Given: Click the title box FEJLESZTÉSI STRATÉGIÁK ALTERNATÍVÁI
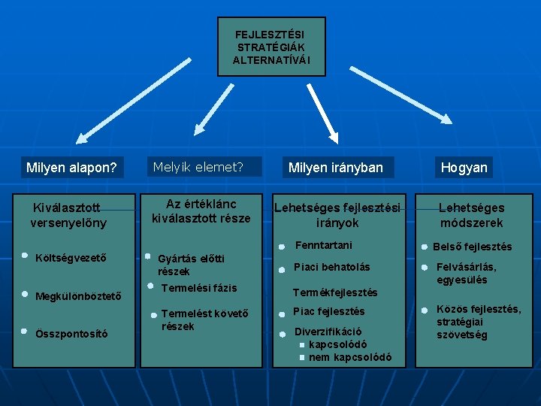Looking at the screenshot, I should click(271, 47).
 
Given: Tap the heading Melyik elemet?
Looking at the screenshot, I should click(198, 167).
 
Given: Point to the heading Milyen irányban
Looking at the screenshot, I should click(336, 168).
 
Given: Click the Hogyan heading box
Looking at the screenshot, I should click(464, 168).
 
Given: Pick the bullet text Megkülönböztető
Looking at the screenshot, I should click(78, 295).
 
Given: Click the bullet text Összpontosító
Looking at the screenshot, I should click(71, 333).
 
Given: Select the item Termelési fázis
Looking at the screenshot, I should click(199, 288).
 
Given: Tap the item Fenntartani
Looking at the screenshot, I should click(323, 245).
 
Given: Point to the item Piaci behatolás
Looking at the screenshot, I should click(331, 267).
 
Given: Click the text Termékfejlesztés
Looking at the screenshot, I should click(334, 292).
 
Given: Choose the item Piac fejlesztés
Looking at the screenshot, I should click(328, 311).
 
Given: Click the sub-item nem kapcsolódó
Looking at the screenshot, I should click(349, 357).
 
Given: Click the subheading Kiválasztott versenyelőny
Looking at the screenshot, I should click(68, 215).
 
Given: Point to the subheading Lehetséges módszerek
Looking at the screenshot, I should click(471, 215).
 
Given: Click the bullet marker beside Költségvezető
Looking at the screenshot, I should click(25, 256).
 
